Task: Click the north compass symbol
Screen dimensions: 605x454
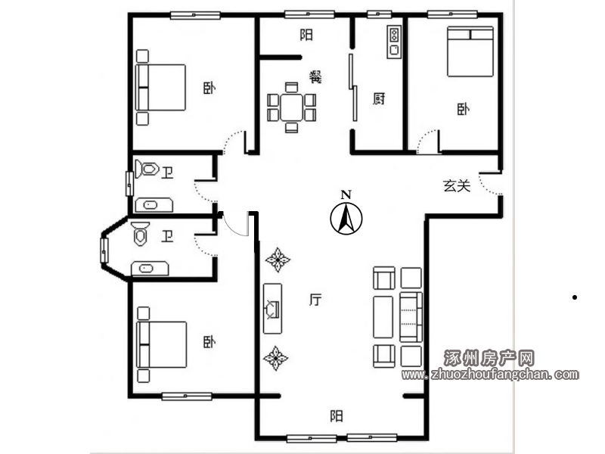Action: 346,219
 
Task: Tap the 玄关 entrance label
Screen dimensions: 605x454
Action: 457,186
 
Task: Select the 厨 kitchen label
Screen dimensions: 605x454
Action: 379,99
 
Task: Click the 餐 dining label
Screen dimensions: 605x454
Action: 315,77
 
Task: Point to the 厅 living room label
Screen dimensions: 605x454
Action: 315,300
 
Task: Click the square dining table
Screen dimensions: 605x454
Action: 292,107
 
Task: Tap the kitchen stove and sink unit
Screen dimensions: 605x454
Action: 394,42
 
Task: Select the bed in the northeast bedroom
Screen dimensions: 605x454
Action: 470,51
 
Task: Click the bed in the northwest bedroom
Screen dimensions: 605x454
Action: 160,88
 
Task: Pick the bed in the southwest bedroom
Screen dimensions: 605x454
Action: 162,344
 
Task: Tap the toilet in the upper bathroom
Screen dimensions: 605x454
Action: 147,169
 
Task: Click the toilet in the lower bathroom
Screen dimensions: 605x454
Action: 140,234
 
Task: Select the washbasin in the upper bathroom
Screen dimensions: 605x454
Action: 154,205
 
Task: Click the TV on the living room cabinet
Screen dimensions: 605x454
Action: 272,309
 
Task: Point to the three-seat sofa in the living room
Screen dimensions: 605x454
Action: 411,317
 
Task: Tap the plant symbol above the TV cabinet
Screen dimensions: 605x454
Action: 278,260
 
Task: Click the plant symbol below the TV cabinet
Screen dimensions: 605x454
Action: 275,358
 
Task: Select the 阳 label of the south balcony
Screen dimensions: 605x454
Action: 337,415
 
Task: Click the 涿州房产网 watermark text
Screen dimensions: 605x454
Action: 489,358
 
